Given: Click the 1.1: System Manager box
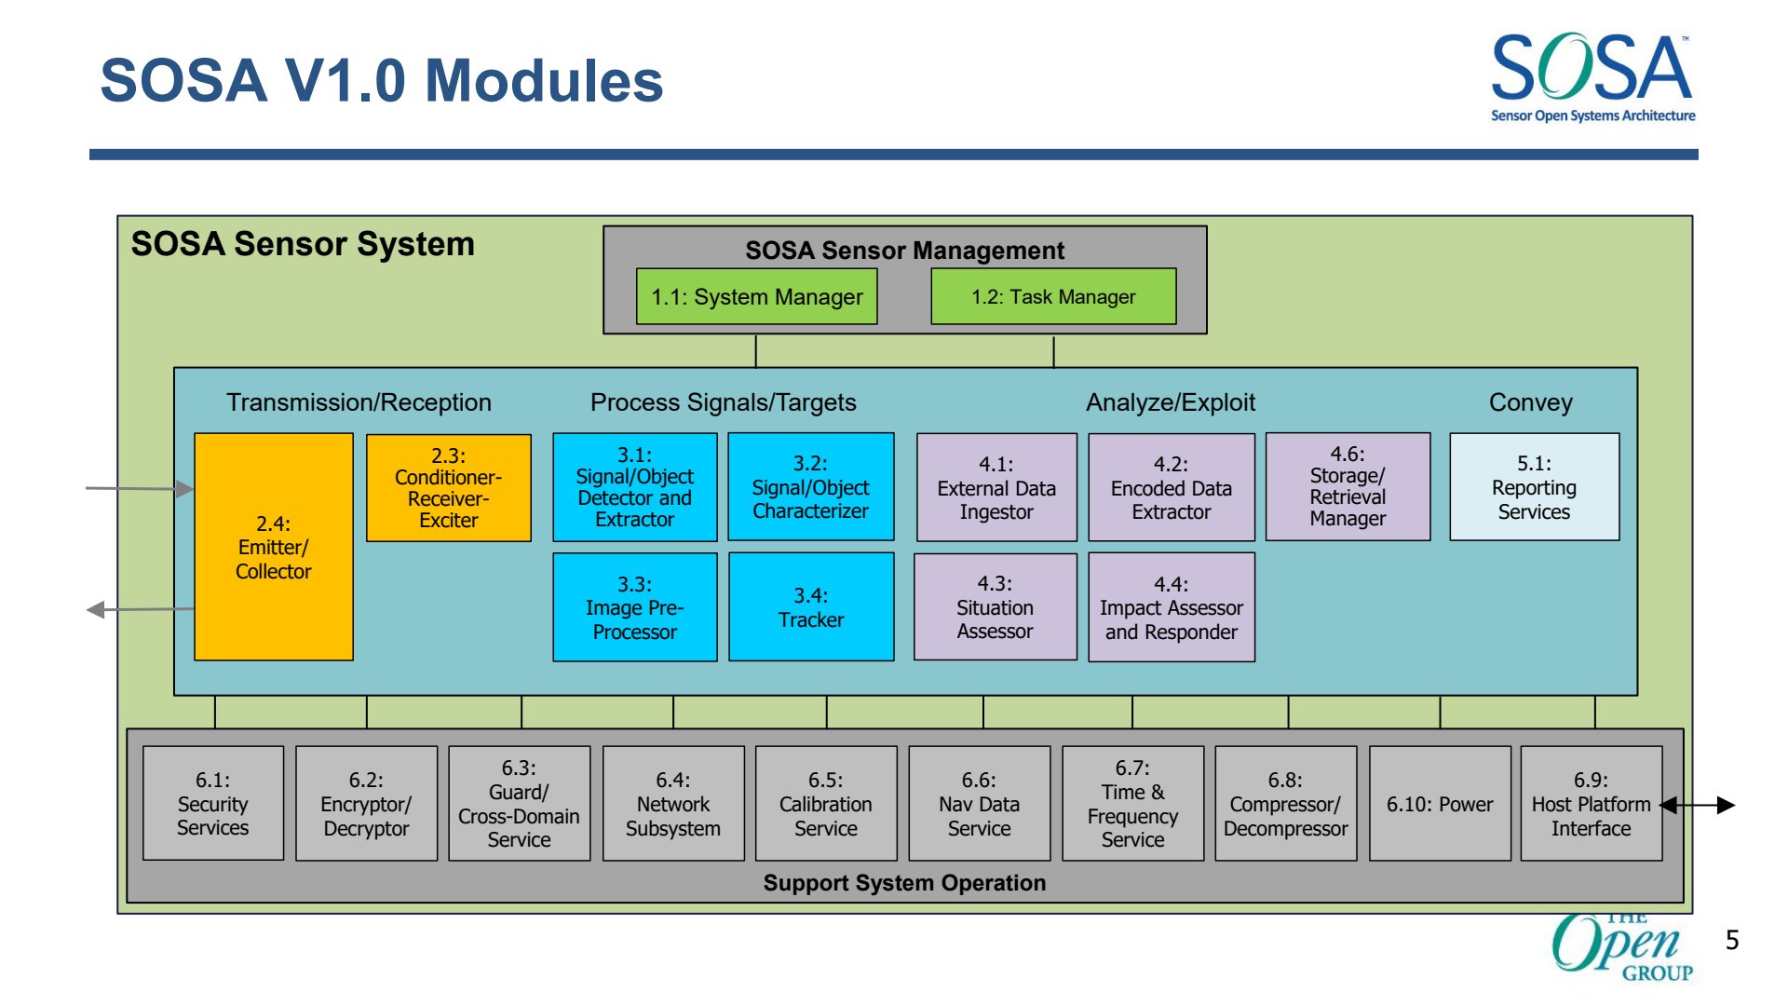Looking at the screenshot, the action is (x=756, y=296).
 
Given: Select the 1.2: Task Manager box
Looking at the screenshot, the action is (x=1053, y=296).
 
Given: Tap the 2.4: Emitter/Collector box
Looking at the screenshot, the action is (x=274, y=547).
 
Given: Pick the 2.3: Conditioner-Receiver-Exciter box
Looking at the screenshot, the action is (x=449, y=487).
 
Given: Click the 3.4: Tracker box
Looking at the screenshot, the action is (x=811, y=607).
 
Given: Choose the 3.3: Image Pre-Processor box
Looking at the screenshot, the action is (x=635, y=607).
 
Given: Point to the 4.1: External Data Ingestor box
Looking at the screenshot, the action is (x=996, y=487).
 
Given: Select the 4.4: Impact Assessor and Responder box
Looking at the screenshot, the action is (x=1172, y=607).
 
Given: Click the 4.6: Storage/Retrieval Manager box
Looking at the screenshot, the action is (x=1348, y=486).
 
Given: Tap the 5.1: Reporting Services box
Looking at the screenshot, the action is (x=1535, y=487).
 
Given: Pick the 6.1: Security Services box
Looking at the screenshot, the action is (x=213, y=803).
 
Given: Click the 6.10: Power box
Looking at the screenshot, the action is (x=1440, y=803).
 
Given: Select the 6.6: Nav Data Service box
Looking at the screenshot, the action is (x=980, y=803).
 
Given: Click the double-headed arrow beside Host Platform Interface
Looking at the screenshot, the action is (x=1698, y=805).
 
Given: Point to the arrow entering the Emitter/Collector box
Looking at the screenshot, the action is (x=140, y=488).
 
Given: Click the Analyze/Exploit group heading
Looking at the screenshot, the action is (x=1171, y=402).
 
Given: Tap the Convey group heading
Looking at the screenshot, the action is (x=1530, y=402).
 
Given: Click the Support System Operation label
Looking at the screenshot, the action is (x=904, y=883).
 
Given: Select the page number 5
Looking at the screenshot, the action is (x=1732, y=940).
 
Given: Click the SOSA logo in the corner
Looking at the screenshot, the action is (x=1592, y=77).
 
